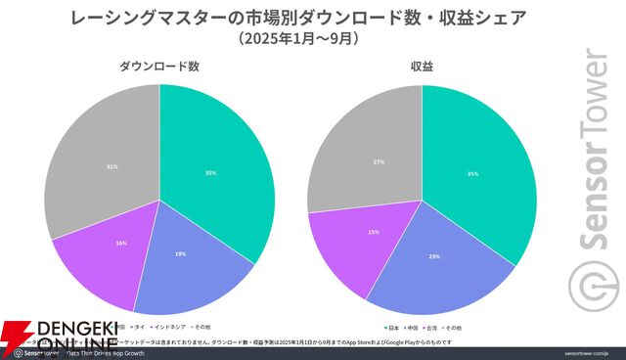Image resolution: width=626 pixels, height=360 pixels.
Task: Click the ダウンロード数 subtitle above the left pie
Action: (159, 67)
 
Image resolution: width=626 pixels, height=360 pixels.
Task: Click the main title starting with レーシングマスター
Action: (284, 18)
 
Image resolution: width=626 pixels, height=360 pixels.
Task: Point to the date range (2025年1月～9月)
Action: (284, 40)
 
